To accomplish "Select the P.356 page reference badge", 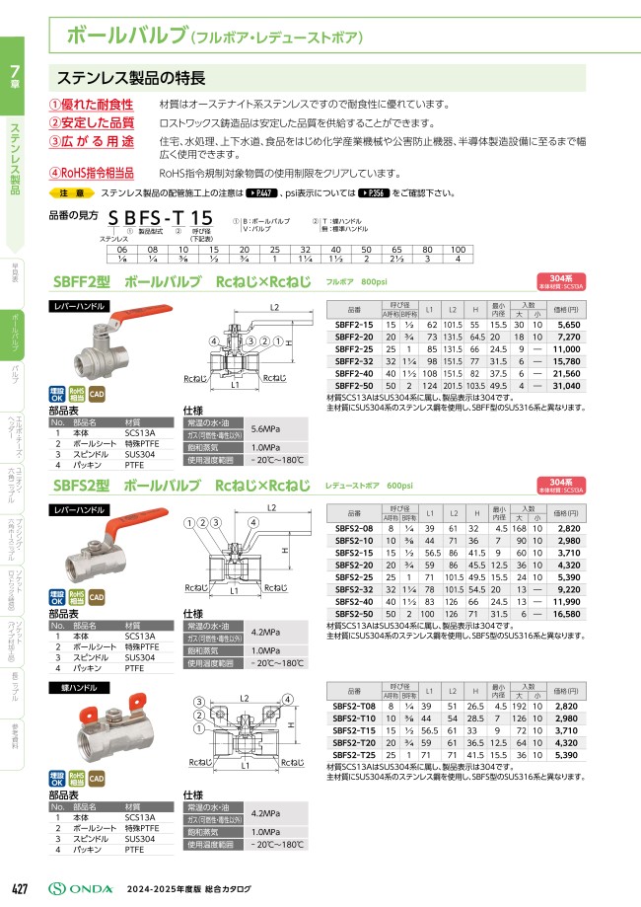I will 377,193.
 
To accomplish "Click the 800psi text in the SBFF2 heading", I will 375,282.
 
